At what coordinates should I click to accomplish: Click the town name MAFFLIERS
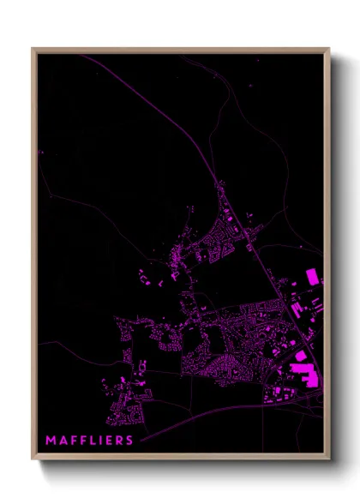pos(89,441)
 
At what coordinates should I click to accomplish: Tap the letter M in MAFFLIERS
pos(51,441)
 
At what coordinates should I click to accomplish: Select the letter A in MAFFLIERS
pos(63,441)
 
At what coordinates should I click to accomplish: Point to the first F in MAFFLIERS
pos(73,441)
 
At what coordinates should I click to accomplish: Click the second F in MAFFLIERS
pos(82,441)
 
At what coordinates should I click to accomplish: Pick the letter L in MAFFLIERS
pos(92,441)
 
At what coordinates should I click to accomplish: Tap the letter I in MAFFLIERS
pos(99,441)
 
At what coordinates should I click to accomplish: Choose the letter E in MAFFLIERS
pos(107,441)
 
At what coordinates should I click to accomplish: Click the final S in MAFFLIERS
pos(129,441)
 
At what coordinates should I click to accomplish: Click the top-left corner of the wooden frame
pos(33,49)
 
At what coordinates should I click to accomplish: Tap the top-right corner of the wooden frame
pos(329,49)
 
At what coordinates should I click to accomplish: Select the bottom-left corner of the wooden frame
pos(33,460)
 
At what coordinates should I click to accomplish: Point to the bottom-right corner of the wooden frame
pos(329,460)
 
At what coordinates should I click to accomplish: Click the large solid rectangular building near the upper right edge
pos(312,277)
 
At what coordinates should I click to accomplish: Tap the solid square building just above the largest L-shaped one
pos(301,355)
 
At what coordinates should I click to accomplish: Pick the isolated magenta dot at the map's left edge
pos(40,153)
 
